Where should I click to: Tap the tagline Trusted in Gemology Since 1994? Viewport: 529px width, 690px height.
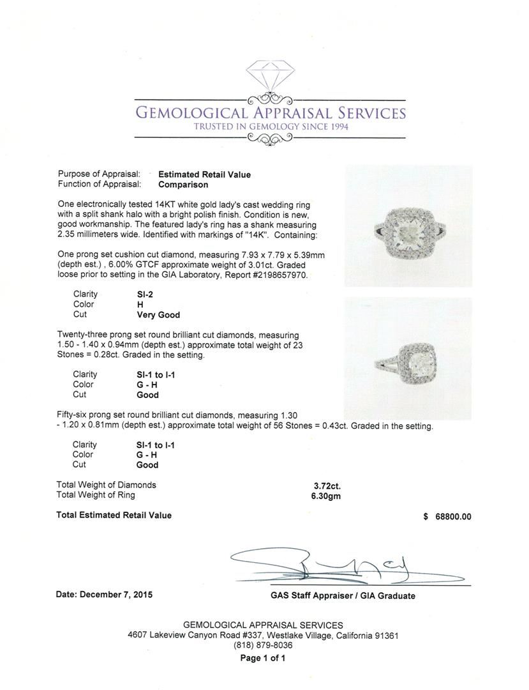coord(271,126)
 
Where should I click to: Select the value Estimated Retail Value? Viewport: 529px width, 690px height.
coord(204,174)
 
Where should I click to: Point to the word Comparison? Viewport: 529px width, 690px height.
coord(183,185)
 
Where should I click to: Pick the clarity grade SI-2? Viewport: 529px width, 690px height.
coord(145,295)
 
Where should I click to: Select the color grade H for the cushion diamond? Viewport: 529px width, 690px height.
coord(140,305)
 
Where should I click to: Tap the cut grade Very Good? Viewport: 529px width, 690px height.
coord(158,315)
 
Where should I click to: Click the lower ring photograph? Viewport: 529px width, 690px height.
coord(408,358)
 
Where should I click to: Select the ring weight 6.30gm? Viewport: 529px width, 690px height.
coord(322,495)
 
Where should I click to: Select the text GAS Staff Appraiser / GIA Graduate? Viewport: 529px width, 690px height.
coord(342,596)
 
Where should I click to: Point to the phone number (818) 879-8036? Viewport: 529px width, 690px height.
coord(263,645)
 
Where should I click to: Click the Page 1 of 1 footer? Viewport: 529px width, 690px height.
coord(263,658)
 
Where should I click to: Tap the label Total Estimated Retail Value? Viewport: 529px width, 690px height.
coord(114,515)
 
